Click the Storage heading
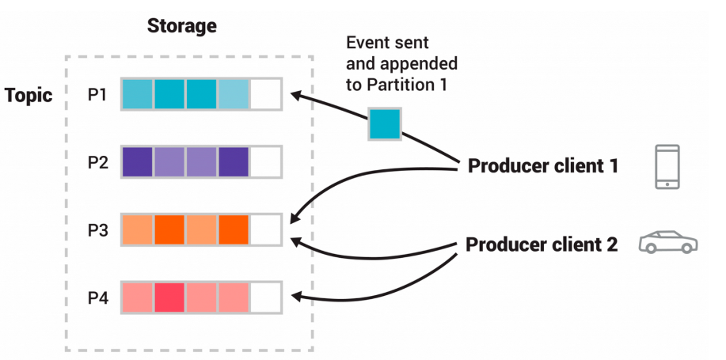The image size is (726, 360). tap(181, 26)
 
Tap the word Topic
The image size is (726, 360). tap(29, 95)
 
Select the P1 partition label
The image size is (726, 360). tap(97, 95)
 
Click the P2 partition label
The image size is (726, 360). tap(97, 162)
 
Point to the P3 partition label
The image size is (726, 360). tap(97, 230)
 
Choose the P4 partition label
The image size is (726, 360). tap(97, 298)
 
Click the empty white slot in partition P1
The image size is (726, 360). tap(265, 94)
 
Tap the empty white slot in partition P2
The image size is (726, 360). tap(265, 162)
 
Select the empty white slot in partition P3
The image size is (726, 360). tap(265, 229)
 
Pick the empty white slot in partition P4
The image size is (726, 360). tap(265, 297)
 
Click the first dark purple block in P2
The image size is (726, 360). tap(138, 162)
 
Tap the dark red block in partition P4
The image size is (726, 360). tap(169, 297)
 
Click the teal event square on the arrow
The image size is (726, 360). tap(385, 124)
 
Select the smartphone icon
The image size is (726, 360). tap(667, 167)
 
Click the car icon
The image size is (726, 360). tap(668, 242)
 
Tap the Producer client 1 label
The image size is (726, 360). tap(542, 166)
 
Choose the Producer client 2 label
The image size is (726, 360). tap(542, 244)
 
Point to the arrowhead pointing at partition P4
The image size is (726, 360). tap(296, 296)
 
